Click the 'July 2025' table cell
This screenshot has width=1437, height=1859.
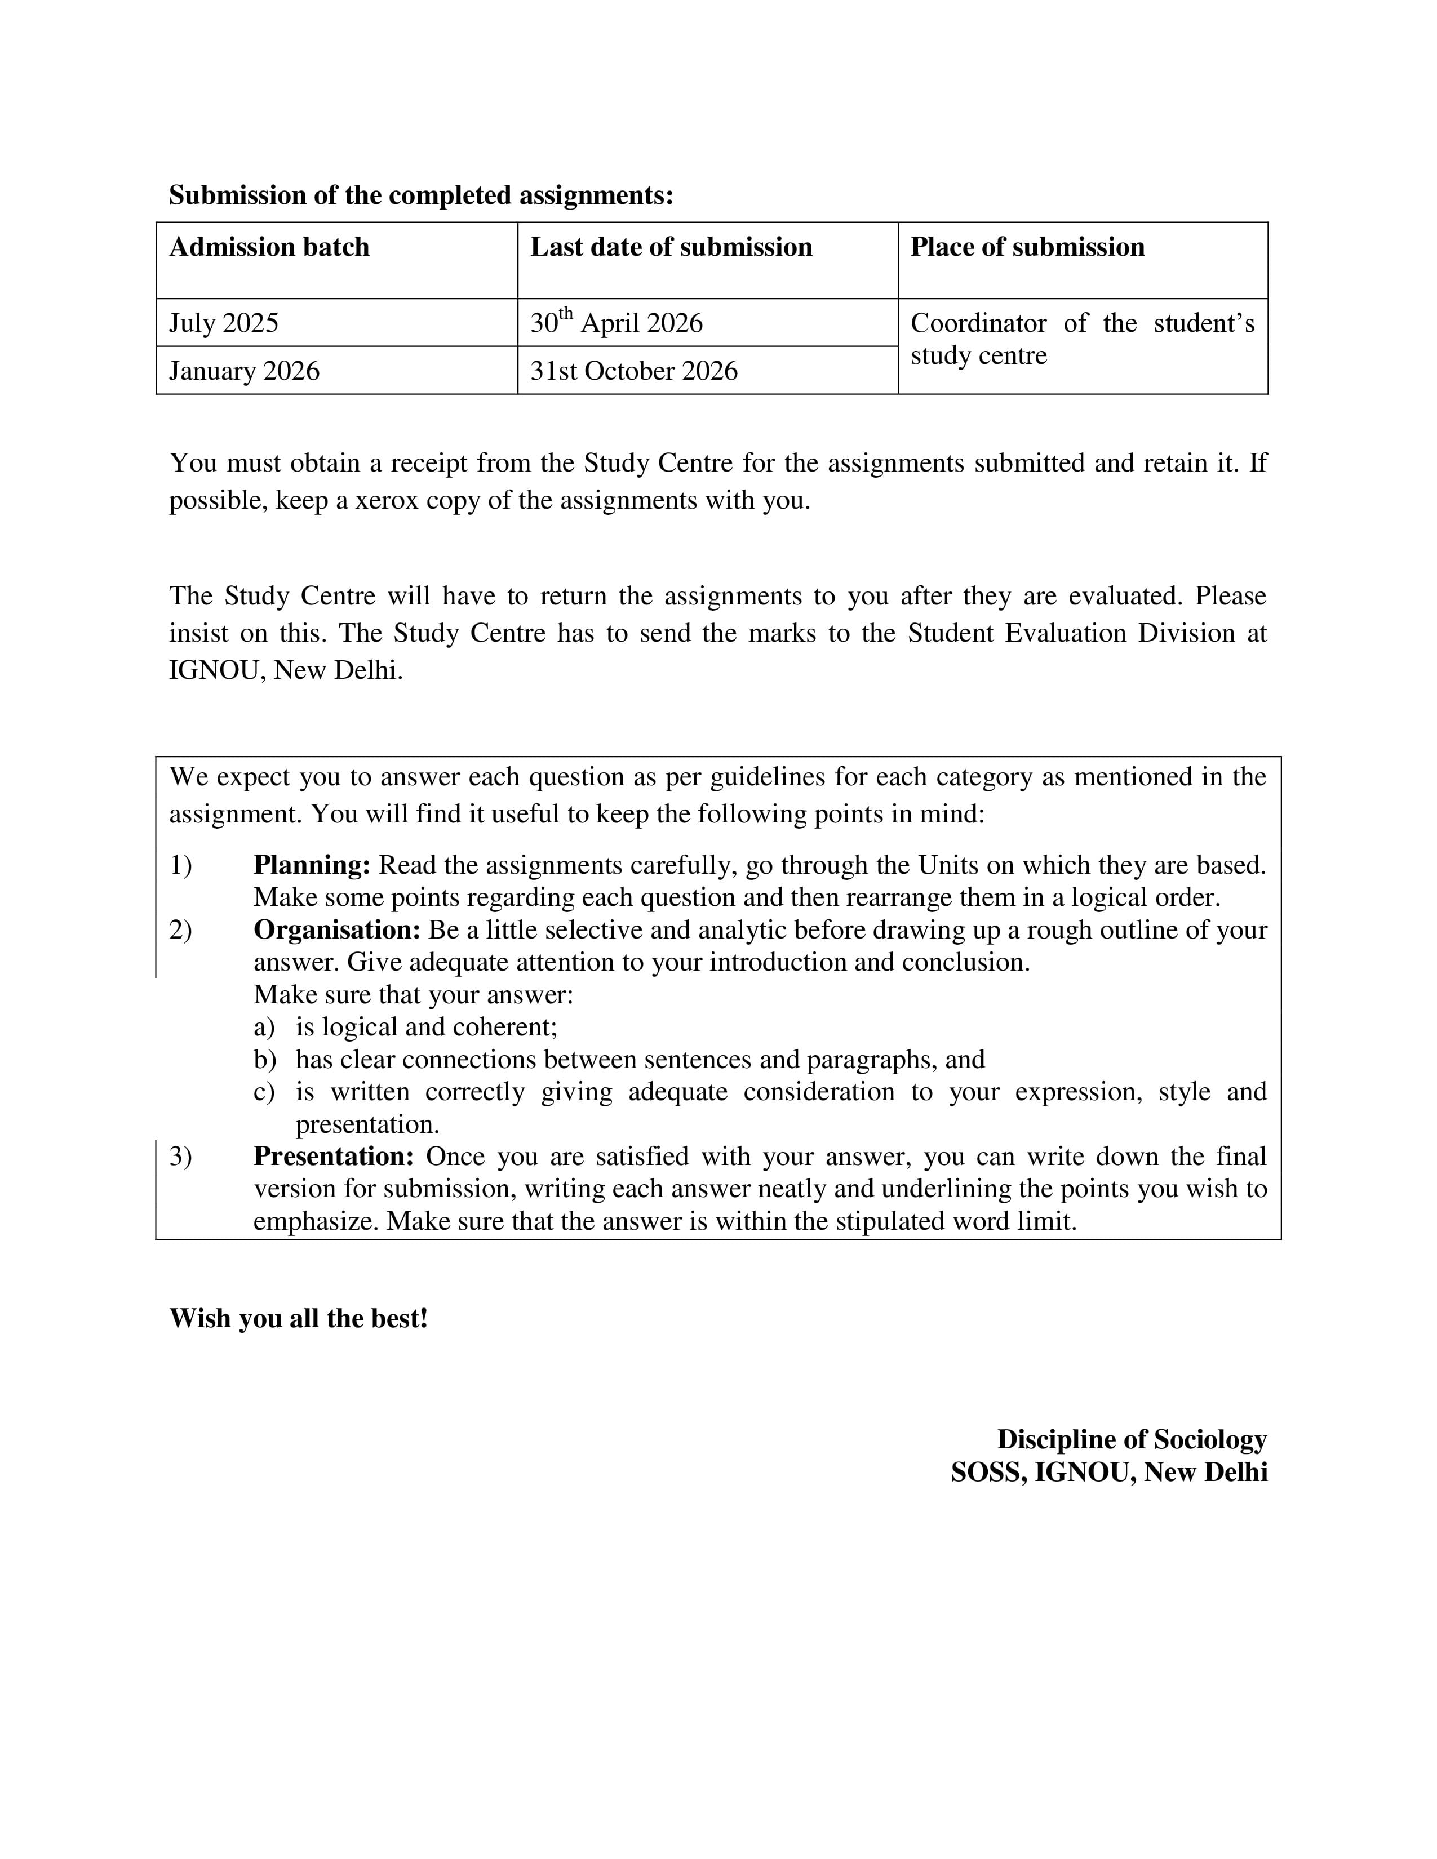(224, 323)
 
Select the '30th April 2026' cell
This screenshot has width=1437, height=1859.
(617, 323)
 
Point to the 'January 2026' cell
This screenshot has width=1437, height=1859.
(245, 371)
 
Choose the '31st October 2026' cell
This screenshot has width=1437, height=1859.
(633, 371)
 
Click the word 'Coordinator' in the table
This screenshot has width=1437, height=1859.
(978, 323)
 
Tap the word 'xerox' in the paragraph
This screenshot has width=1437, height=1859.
(387, 500)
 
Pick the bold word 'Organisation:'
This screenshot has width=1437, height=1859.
(337, 929)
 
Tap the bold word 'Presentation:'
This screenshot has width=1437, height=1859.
(334, 1156)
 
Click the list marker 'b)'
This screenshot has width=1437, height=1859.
(265, 1060)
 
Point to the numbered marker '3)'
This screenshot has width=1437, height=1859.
(180, 1156)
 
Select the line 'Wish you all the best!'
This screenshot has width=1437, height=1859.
(298, 1319)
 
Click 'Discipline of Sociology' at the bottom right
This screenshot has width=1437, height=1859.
(1132, 1439)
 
